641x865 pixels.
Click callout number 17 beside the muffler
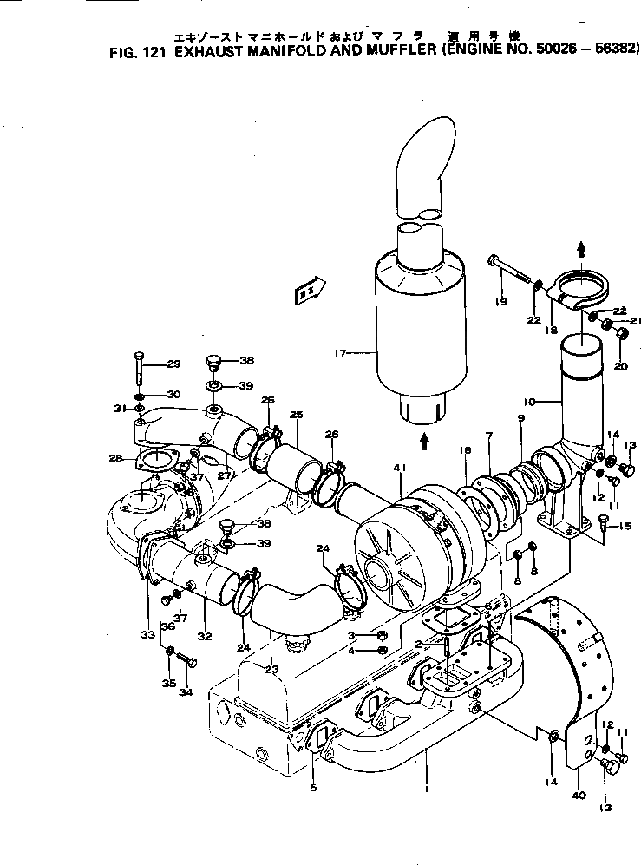tap(340, 352)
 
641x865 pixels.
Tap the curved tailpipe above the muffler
tap(424, 165)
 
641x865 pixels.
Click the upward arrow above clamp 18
tap(580, 249)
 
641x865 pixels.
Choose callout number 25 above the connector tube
tap(296, 416)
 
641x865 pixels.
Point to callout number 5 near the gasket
tap(313, 788)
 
